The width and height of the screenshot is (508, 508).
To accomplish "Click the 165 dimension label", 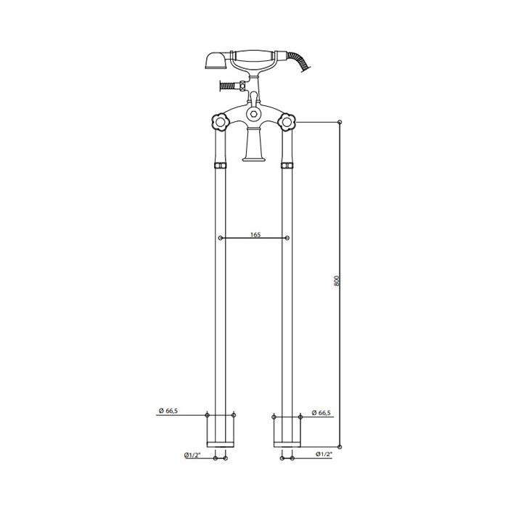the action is click(x=255, y=234).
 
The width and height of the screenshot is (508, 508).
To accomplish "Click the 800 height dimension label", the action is click(x=336, y=280).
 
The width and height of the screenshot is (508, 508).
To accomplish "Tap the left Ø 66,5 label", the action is click(x=168, y=411).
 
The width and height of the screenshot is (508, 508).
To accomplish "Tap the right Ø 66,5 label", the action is click(x=321, y=412).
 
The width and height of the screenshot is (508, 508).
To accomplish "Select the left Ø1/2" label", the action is click(x=192, y=455).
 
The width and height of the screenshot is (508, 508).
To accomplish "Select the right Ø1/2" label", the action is click(x=324, y=454).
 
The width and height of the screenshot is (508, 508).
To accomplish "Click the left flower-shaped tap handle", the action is click(x=221, y=122).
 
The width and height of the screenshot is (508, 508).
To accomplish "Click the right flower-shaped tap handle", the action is click(x=287, y=122).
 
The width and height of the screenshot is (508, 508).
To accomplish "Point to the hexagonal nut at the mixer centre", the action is click(x=253, y=114).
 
